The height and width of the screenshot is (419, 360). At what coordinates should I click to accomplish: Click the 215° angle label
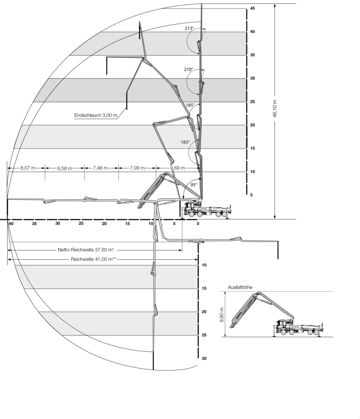point(189,28)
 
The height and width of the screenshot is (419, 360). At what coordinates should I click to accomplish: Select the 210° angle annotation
point(188,70)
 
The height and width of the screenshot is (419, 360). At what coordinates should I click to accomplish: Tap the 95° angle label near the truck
point(194,185)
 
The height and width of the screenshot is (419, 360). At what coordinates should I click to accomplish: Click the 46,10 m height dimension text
point(275,108)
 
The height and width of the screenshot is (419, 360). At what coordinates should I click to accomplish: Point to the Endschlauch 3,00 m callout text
point(95,116)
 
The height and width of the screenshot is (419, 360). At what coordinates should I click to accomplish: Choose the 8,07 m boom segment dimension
point(28,168)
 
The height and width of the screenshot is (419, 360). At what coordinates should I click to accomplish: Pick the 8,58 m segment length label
point(65,168)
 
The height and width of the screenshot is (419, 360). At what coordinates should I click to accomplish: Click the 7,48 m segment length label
point(100,168)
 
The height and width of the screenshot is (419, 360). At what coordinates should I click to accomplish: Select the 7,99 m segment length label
point(137,168)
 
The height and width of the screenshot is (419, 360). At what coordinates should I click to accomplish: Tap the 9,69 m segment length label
point(178,168)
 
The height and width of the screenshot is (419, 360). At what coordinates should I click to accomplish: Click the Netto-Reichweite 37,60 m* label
point(86,250)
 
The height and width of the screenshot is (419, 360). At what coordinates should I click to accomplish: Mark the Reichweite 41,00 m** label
point(93,259)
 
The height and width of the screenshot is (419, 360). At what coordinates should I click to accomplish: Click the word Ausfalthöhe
point(240,287)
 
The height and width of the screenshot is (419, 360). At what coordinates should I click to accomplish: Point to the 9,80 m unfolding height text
point(222,314)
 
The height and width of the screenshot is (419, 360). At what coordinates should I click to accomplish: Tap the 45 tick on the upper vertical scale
point(252,8)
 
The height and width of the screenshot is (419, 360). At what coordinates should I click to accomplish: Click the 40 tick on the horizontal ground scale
point(11,223)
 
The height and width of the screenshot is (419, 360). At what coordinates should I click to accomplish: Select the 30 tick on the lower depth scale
point(204,358)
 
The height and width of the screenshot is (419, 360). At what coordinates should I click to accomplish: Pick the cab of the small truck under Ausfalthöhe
point(281,326)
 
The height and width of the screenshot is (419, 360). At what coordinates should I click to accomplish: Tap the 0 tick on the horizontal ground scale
point(198,224)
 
